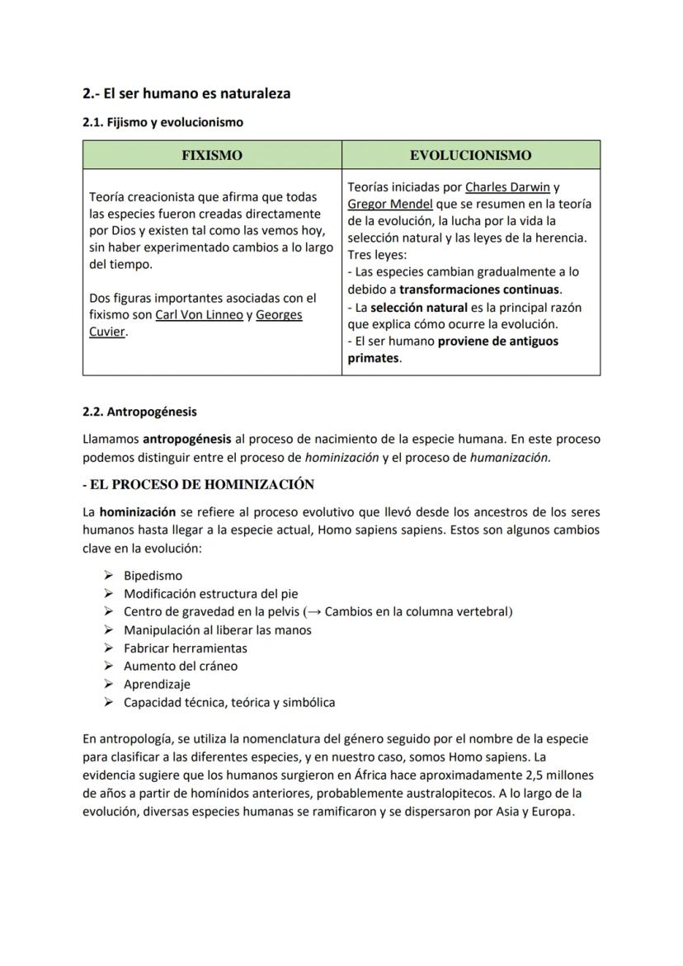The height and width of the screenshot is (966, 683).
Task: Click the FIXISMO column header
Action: [x=212, y=155]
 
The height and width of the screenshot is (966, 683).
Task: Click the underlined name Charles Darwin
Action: [x=507, y=187]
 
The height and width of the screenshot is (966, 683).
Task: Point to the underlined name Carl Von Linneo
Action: [x=199, y=315]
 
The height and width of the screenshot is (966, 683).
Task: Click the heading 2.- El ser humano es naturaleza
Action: [x=186, y=93]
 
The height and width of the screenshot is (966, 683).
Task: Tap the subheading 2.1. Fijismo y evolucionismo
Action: [x=163, y=122]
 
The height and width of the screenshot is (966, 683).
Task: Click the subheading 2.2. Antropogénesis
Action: [x=139, y=412]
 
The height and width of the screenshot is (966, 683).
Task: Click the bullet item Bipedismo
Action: [x=153, y=576]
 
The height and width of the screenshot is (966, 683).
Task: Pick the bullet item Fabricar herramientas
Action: [x=185, y=648]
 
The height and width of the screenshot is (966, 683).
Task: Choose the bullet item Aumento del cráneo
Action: [x=180, y=667]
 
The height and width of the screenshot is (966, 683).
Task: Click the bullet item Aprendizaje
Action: [x=157, y=685]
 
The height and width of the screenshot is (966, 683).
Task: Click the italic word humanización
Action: [x=509, y=458]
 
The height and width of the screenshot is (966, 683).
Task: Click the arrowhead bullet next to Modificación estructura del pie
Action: [x=108, y=594]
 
